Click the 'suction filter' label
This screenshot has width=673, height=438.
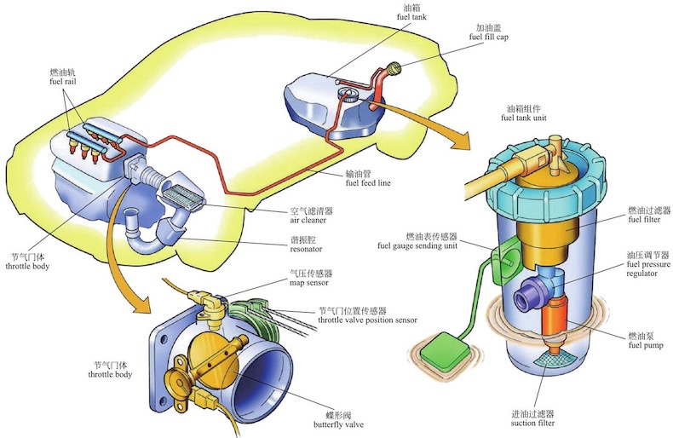pyautogui.click(x=534, y=422)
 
